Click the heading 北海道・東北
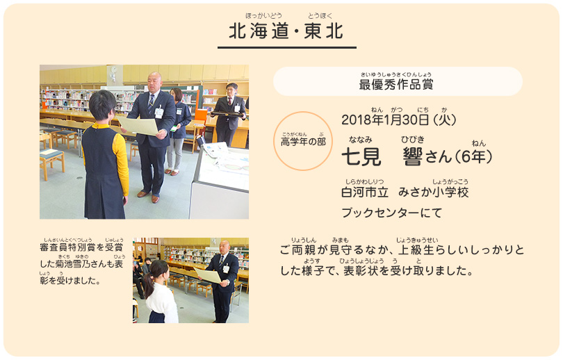coord(286,31)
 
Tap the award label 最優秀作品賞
coord(396,84)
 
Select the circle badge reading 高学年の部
coord(303,140)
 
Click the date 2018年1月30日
coord(385,120)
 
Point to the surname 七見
coord(361,157)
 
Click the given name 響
coord(413,157)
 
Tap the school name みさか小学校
coord(434,193)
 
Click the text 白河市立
coord(365,193)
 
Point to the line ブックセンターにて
coord(391,213)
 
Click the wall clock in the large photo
coord(114,69)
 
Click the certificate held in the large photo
coord(138,126)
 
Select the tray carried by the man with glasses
coord(228,114)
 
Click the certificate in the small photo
coord(208,275)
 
